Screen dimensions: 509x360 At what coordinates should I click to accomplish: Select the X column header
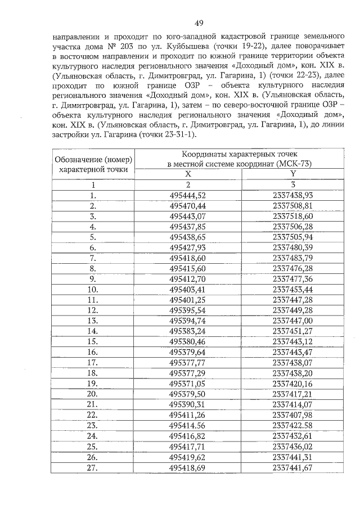188,174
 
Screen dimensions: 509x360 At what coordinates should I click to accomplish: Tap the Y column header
292,174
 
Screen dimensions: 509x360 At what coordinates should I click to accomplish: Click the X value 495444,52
188,195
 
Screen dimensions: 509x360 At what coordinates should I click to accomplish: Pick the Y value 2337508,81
292,206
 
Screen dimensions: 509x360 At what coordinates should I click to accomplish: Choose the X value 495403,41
188,289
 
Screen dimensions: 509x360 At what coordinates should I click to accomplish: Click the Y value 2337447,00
292,320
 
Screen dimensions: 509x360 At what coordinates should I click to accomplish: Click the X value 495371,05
188,383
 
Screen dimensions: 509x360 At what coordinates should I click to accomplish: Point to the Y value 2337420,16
292,383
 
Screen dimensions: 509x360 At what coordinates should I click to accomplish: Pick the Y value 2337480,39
292,247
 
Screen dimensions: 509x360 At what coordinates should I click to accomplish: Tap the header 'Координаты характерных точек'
242,154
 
